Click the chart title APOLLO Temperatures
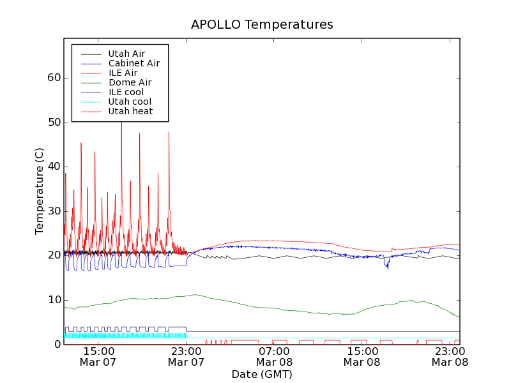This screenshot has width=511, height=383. click(262, 25)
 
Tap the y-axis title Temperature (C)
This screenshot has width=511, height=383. click(40, 191)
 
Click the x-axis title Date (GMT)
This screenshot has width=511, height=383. click(262, 374)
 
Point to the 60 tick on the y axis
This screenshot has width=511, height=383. click(54, 78)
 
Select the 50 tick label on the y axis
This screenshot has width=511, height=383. click(54, 123)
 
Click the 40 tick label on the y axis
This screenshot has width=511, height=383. click(54, 167)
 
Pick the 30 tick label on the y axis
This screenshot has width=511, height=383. click(54, 211)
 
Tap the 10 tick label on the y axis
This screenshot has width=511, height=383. click(54, 300)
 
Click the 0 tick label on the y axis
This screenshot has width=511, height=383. click(57, 345)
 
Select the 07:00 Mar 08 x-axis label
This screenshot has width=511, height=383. click(274, 356)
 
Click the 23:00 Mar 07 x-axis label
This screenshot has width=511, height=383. click(186, 356)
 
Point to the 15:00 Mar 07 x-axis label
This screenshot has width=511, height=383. click(98, 356)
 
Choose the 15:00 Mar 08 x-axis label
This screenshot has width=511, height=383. click(362, 356)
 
